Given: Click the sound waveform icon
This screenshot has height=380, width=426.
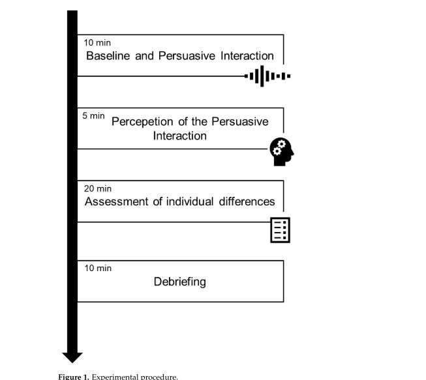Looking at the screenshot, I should click(x=267, y=76).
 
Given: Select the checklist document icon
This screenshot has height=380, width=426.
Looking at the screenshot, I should click(x=280, y=230).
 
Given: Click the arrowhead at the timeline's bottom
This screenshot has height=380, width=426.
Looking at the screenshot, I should click(x=72, y=357).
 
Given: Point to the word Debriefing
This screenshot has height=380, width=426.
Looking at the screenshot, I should click(x=180, y=282).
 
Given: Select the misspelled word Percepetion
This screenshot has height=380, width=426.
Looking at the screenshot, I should click(x=142, y=122).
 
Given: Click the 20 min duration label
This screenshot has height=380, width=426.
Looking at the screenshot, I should click(x=98, y=189).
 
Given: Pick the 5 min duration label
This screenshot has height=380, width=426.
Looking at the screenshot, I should click(x=93, y=115).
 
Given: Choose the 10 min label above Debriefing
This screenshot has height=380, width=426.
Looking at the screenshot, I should click(x=98, y=268).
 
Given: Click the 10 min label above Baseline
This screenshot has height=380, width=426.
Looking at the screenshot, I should click(x=98, y=43).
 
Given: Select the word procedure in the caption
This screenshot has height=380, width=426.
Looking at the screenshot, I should click(x=158, y=376).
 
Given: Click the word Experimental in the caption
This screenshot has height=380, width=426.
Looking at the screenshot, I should click(x=115, y=376).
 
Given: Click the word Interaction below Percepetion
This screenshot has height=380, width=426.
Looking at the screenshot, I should click(x=180, y=136).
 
